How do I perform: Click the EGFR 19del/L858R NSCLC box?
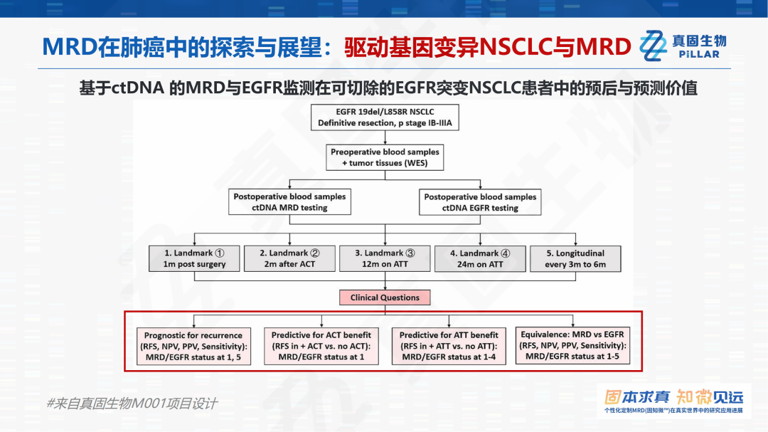385,117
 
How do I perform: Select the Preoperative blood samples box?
385,157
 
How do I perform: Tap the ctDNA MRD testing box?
289,202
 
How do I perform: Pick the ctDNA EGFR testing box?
480,202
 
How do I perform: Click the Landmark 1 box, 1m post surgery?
194,258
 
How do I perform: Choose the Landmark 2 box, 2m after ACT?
289,258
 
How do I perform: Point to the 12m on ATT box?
385,258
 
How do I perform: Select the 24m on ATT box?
480,258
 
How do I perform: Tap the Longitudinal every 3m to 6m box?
575,258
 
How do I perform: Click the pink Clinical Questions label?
385,297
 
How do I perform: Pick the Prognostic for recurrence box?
193,346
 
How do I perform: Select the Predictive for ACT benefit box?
321,346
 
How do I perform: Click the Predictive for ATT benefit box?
449,346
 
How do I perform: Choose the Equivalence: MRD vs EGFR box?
572,346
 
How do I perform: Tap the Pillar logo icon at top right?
652,46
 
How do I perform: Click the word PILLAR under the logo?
699,54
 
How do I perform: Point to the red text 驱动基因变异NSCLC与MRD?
488,47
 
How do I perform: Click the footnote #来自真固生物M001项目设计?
132,404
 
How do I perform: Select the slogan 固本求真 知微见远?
673,396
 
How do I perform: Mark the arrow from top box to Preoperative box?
385,137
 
